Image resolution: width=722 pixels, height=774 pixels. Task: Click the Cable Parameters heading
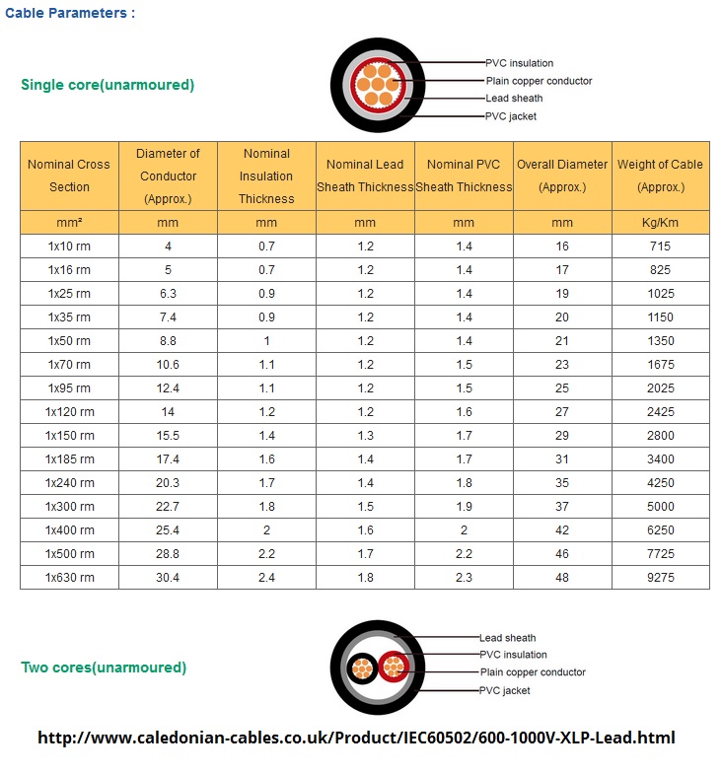point(70,13)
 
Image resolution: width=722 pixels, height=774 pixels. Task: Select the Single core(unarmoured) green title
point(108,85)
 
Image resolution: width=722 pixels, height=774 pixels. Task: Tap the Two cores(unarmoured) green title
point(104,668)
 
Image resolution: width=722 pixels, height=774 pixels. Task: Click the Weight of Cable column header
point(660,176)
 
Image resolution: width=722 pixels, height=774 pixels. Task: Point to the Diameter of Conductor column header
point(168,176)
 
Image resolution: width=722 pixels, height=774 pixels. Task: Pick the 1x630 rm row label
point(69,577)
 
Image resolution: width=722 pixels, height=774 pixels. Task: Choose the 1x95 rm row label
point(69,387)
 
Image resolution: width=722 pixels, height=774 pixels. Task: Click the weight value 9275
point(660,577)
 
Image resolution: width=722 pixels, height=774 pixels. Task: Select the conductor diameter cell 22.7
point(168,506)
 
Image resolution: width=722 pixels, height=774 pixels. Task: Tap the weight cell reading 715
point(660,246)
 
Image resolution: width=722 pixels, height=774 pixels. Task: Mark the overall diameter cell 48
point(562,577)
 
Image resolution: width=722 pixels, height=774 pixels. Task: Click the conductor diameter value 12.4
point(168,387)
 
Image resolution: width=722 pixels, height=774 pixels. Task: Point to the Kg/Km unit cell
point(660,223)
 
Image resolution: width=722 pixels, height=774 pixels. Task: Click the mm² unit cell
point(69,223)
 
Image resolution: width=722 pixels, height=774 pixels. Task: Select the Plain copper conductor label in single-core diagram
point(538,81)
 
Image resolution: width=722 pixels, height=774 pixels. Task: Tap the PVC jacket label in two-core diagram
point(504,690)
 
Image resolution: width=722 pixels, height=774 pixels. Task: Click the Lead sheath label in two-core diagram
point(507,638)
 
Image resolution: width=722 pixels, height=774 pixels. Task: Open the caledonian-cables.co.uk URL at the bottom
point(356,738)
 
